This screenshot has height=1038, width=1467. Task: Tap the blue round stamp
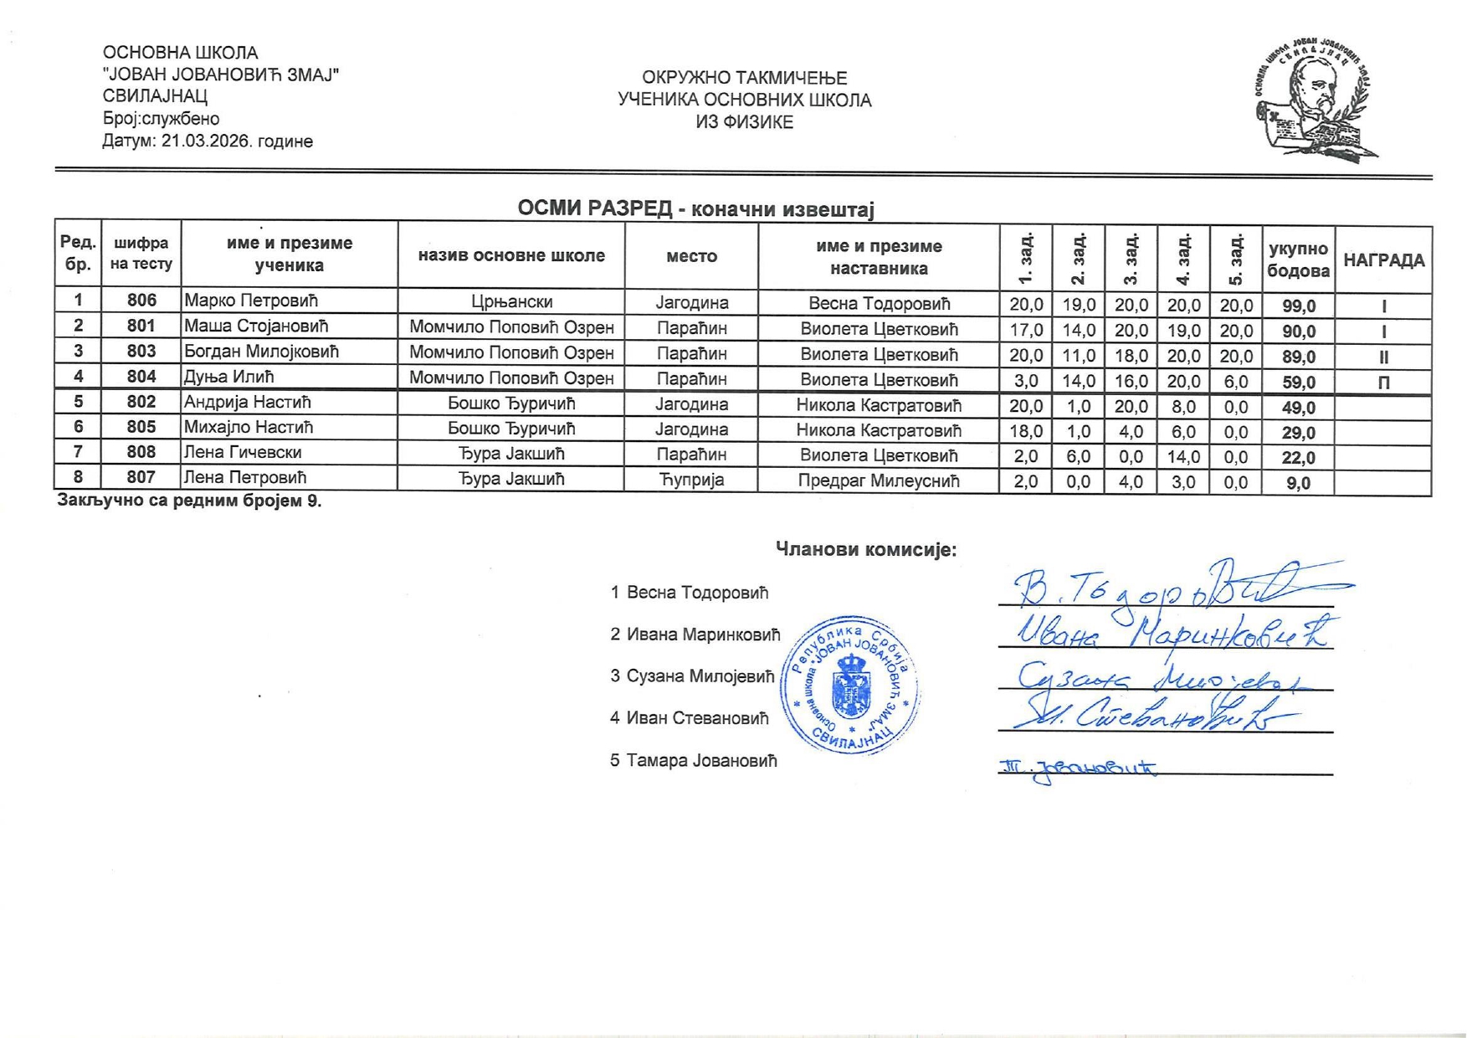(850, 686)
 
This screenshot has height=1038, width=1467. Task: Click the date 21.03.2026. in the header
(207, 141)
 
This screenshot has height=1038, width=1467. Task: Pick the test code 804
(141, 377)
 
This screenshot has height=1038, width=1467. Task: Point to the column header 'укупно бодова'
(1298, 259)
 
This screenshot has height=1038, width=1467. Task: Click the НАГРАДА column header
(1383, 260)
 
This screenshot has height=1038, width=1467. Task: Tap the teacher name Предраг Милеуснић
(878, 481)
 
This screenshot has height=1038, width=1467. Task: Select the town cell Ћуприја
(691, 480)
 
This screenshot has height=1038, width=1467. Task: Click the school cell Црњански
(511, 301)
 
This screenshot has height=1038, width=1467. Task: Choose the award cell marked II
(1383, 357)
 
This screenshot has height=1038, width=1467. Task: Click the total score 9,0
(1298, 483)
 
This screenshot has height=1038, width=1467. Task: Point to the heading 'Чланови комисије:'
(865, 550)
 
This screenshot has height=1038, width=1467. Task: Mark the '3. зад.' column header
(1131, 258)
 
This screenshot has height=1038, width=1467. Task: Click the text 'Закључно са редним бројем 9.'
(189, 501)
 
